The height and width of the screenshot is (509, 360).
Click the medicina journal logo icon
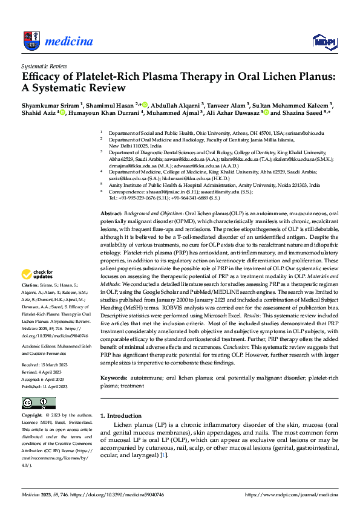[31, 41]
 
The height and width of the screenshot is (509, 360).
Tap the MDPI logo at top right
[324, 41]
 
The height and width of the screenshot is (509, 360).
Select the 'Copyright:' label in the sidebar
[33, 416]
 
